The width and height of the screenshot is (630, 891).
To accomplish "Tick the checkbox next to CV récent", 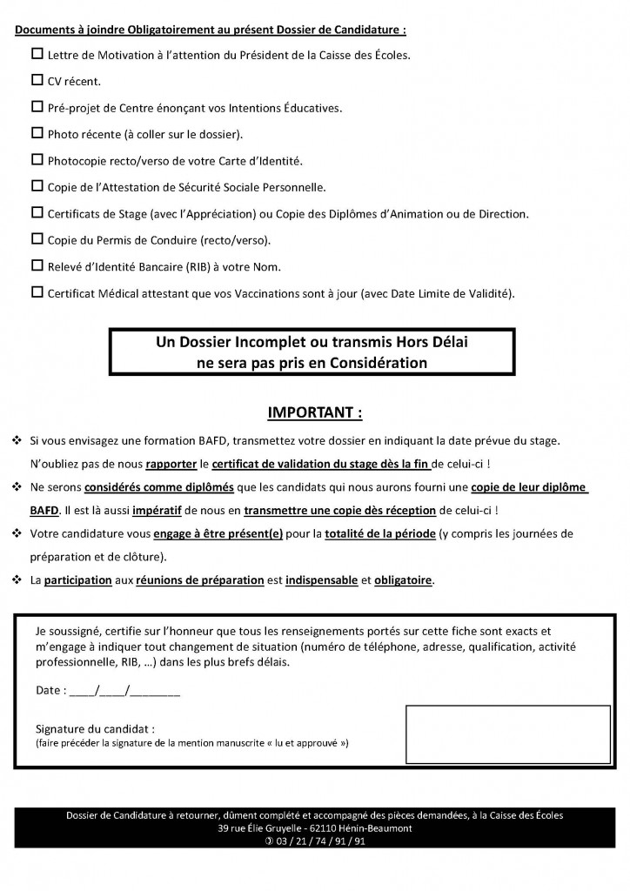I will (x=37, y=81).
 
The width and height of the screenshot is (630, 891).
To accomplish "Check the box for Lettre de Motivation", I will (x=37, y=55).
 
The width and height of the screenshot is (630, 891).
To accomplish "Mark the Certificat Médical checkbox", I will (x=37, y=291).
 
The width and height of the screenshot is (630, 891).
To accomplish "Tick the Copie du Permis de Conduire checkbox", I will (x=37, y=238).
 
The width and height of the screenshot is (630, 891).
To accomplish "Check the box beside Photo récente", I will (x=37, y=133).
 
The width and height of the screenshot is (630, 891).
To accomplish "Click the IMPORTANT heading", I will (x=314, y=410).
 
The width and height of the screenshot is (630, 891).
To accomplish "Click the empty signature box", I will (x=507, y=734).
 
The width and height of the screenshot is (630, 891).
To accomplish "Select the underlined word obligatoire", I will (x=403, y=579).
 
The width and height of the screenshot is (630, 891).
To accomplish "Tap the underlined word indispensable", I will (x=315, y=579).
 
